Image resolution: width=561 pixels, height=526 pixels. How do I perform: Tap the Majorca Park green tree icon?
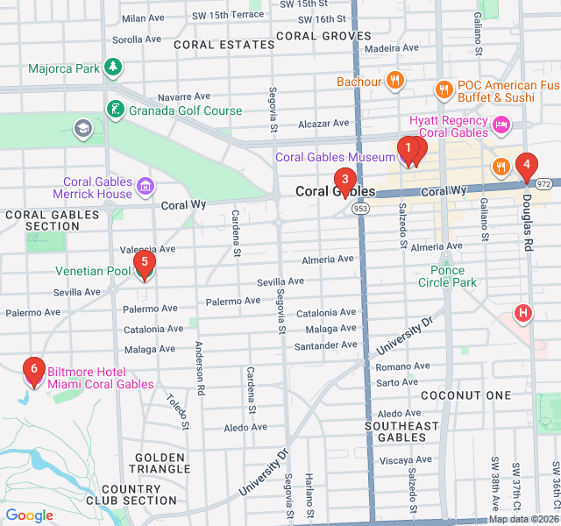pyautogui.click(x=112, y=67)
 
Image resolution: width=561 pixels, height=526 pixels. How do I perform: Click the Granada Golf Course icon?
pyautogui.click(x=114, y=110)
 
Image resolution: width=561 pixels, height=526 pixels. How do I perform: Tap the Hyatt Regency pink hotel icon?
pyautogui.click(x=501, y=125)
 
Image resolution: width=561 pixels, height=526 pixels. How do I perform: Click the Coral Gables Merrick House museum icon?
pyautogui.click(x=146, y=187)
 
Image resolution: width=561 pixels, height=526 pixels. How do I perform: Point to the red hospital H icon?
pyautogui.click(x=523, y=313)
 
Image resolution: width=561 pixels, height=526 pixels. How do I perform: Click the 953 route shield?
pyautogui.click(x=360, y=210)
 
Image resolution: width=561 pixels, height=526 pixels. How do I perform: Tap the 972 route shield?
pyautogui.click(x=544, y=184)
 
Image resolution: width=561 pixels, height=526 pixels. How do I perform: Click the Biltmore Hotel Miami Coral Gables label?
pyautogui.click(x=100, y=378)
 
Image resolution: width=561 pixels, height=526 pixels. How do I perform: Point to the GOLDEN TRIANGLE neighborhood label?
pyautogui.click(x=160, y=463)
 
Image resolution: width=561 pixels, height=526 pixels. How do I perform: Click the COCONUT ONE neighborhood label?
pyautogui.click(x=465, y=395)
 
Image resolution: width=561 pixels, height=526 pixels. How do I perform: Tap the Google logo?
pyautogui.click(x=30, y=515)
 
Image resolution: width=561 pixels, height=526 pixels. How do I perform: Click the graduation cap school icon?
pyautogui.click(x=83, y=129)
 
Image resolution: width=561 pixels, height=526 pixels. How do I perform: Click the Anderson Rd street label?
pyautogui.click(x=200, y=366)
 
